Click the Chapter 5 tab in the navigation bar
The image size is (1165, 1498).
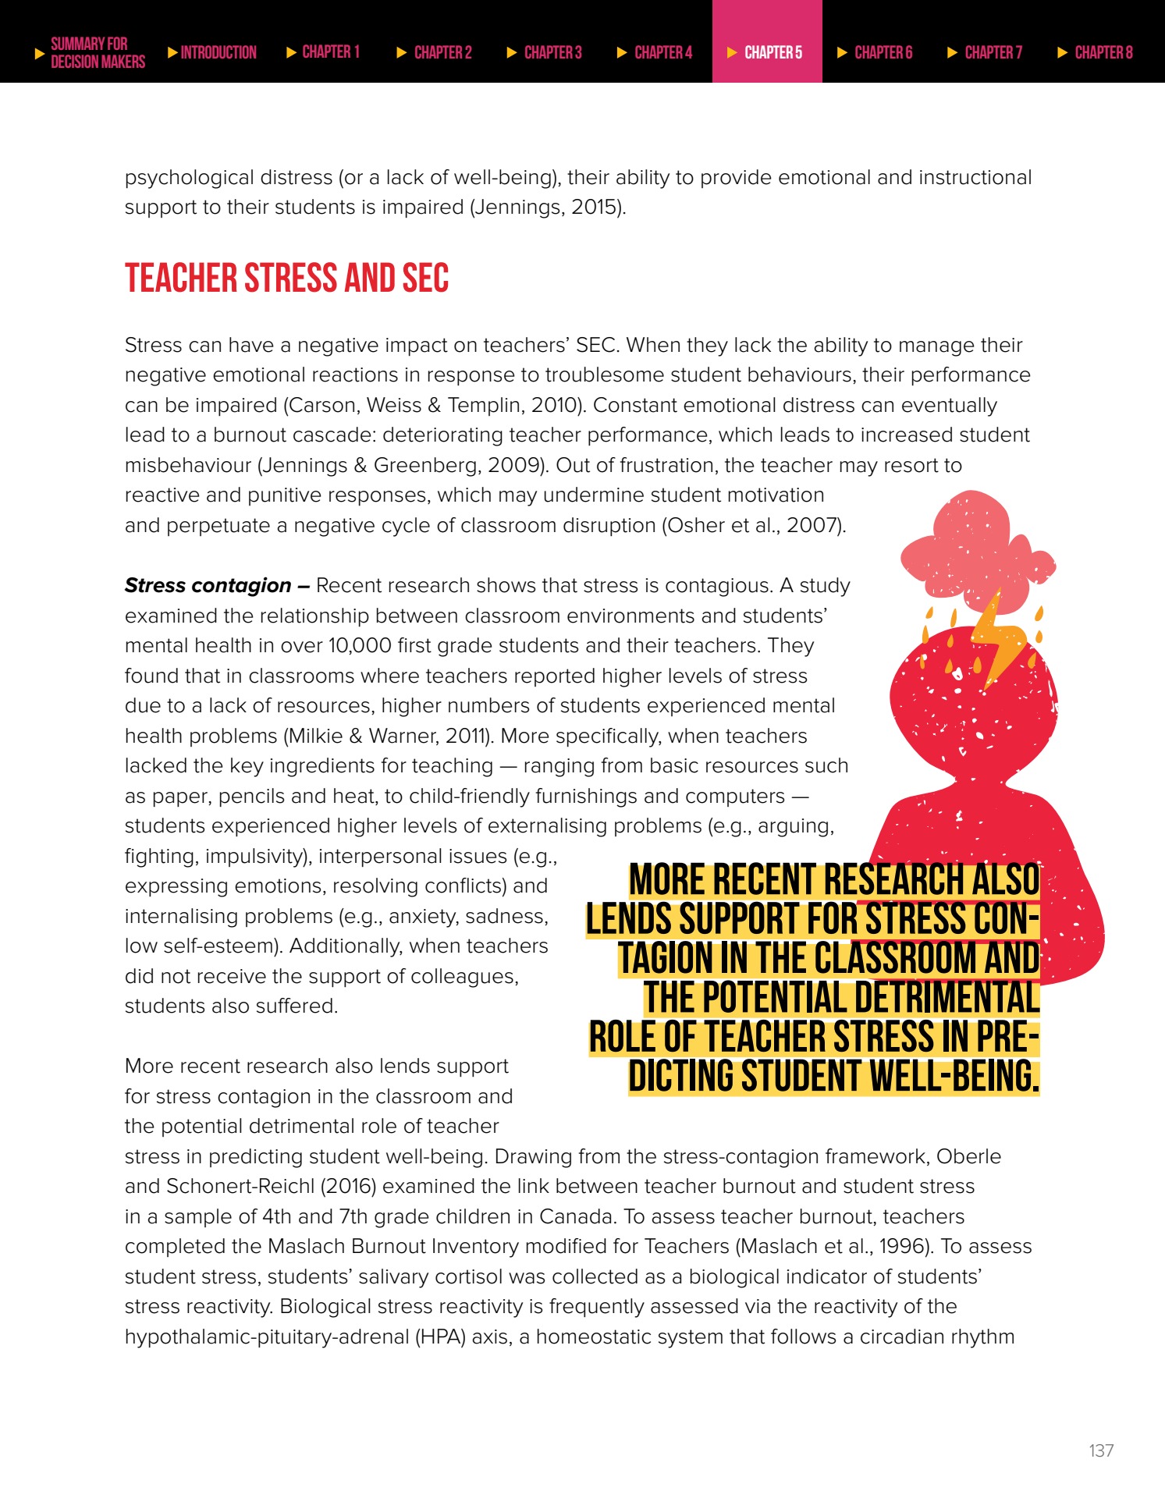click(766, 52)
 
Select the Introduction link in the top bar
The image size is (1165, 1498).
click(212, 52)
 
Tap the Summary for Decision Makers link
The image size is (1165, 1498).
click(91, 52)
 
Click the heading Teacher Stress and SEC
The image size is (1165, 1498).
click(286, 279)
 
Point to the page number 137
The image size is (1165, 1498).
click(1101, 1450)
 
